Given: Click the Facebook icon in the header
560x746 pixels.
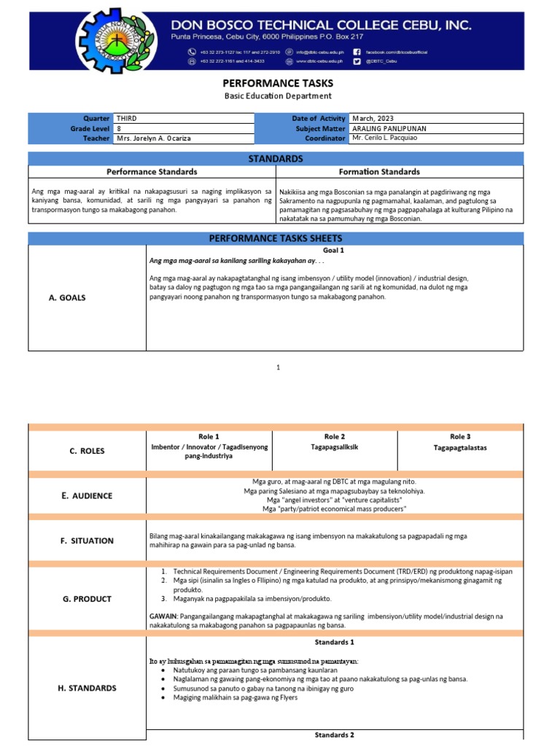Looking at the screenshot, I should (357, 52).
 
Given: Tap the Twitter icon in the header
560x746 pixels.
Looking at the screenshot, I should (357, 61).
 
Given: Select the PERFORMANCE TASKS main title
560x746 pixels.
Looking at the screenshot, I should (277, 84).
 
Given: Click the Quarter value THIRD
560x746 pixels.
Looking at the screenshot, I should (126, 118).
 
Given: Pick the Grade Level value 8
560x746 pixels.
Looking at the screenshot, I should (119, 128).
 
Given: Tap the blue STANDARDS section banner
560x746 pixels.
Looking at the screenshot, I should (276, 159).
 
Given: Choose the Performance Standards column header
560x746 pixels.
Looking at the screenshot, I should (152, 172).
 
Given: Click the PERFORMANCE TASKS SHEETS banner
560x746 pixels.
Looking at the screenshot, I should (276, 238).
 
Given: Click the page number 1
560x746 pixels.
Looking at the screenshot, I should (278, 369).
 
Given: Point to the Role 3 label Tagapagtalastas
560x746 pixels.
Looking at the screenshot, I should (460, 446).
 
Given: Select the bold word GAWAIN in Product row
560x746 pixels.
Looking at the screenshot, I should (163, 616).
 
